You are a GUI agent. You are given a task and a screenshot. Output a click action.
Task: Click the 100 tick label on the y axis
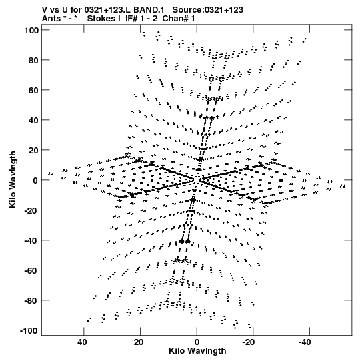31,30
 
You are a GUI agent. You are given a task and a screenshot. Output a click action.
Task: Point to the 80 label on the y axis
34,60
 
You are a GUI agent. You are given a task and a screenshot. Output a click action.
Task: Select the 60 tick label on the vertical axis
34,90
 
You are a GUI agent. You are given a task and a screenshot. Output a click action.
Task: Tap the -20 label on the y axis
31,210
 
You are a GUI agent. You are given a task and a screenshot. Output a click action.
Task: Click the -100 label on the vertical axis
29,330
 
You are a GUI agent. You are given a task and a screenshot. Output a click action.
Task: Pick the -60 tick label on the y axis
31,270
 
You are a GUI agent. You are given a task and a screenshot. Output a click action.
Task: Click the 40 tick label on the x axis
83,342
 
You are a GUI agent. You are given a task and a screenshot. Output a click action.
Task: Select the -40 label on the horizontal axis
305,342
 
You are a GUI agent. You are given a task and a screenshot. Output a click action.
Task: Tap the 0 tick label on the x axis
197,342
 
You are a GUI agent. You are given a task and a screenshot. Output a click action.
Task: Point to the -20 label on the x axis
249,342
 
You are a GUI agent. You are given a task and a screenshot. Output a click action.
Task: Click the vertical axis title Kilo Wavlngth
13,179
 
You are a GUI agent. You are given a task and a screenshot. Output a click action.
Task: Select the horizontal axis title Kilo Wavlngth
197,351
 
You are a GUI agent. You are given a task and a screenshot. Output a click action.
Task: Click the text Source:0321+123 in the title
208,10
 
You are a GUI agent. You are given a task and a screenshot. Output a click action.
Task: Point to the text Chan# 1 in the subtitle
179,19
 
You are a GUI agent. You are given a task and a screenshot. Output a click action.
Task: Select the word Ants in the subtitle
51,19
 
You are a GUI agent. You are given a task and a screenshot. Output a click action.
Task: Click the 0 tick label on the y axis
35,180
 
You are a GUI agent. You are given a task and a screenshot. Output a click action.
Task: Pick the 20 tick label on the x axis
139,342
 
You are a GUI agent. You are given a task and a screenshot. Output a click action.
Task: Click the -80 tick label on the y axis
31,301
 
